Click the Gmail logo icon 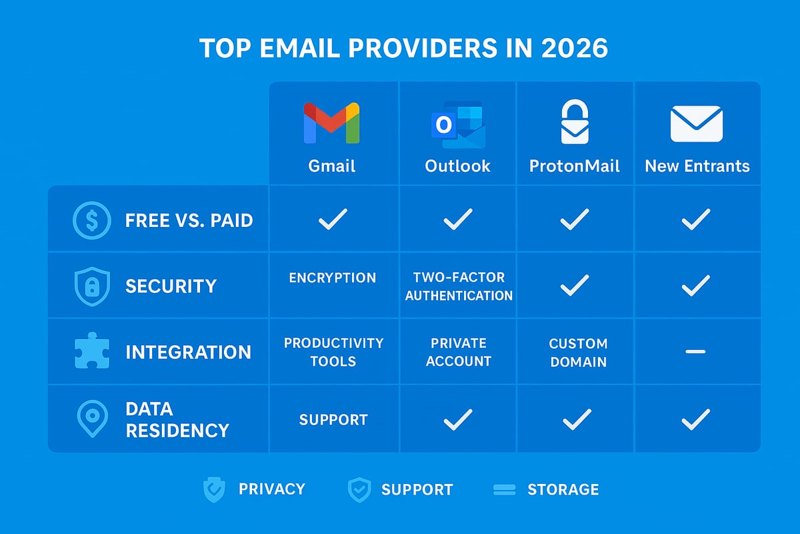click(331, 123)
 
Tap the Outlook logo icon click(457, 124)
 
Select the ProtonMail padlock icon click(574, 122)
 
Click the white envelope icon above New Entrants click(696, 123)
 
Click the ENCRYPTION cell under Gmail click(333, 278)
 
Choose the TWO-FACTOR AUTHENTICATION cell click(459, 286)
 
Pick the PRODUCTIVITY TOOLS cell click(333, 352)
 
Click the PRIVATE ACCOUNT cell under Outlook click(459, 352)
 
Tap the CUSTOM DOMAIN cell click(578, 352)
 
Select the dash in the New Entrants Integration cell click(695, 351)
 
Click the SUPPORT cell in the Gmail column click(333, 420)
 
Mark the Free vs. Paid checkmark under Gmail click(332, 219)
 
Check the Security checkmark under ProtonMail click(575, 286)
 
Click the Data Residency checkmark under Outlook click(457, 419)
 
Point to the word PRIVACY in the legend click(271, 489)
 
